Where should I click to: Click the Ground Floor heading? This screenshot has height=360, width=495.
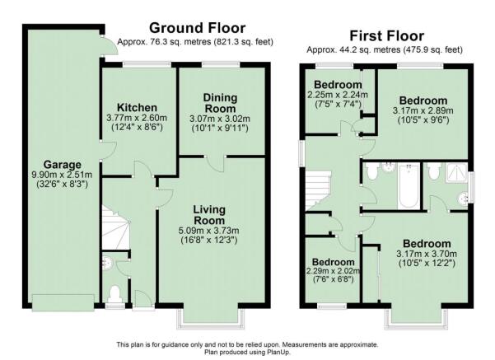point(198,28)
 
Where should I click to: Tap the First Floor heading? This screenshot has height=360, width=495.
point(387,36)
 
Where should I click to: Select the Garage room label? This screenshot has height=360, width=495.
point(63,165)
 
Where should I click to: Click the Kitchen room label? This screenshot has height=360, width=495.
point(137,108)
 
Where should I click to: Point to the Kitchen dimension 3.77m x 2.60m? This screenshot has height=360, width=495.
point(137,118)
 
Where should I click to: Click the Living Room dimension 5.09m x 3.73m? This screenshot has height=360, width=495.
point(208,230)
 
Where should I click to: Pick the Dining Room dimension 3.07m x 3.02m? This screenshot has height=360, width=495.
point(220,119)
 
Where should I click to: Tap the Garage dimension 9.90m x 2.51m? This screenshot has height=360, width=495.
point(62,175)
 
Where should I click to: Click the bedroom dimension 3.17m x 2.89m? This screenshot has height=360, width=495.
point(423,111)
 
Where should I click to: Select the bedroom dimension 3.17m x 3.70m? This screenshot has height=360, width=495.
point(427,254)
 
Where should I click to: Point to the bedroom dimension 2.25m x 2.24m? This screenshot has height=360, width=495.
point(338,95)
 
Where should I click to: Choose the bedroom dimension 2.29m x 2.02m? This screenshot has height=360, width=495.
point(333,271)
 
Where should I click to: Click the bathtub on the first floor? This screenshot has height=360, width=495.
point(409,185)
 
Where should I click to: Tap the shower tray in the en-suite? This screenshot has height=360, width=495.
point(456,173)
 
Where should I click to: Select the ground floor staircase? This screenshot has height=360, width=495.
point(115,227)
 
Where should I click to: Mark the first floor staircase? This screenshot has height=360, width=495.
point(318,191)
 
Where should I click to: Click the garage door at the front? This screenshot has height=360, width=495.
point(63,302)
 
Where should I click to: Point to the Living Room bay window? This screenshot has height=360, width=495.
point(211,318)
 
